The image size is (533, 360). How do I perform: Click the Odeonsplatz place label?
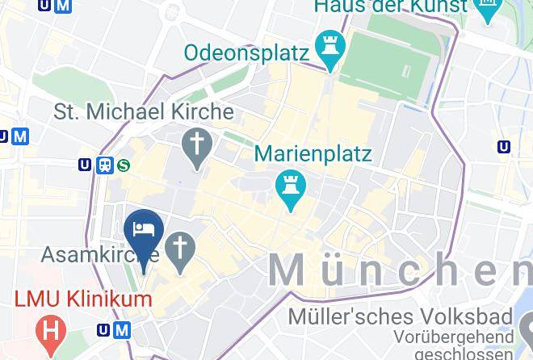point(246,53)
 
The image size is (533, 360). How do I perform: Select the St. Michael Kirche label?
point(144,111)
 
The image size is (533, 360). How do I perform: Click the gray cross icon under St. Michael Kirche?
point(196,147)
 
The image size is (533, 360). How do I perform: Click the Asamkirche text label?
point(89,254)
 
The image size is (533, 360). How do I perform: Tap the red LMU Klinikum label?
point(82,299)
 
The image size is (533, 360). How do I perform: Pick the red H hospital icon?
point(51,329)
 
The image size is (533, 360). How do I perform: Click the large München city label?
point(400,269)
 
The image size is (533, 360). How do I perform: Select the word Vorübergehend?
point(454,336)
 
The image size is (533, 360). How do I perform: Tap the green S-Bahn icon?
point(124,165)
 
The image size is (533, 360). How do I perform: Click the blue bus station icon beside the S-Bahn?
point(104,165)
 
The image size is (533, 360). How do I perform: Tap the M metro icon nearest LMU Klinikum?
point(122,329)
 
